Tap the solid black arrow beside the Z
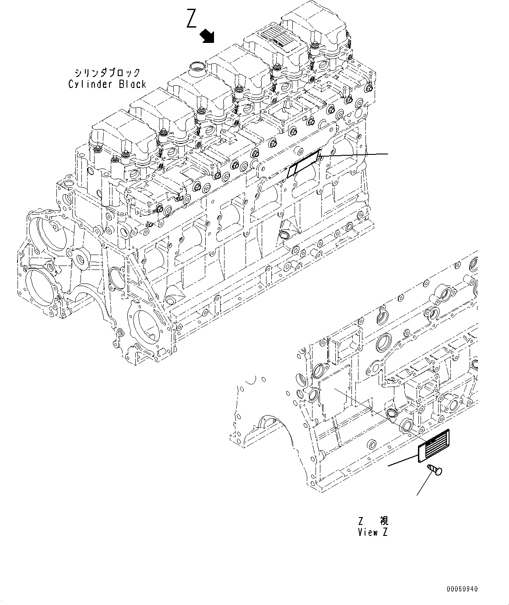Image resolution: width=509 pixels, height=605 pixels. [207, 36]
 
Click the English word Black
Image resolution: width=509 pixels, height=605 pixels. [133, 84]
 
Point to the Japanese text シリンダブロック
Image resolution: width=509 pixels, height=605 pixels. [107, 73]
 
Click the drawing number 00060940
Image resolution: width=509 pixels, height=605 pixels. [463, 589]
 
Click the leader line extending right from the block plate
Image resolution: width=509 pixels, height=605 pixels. [355, 155]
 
